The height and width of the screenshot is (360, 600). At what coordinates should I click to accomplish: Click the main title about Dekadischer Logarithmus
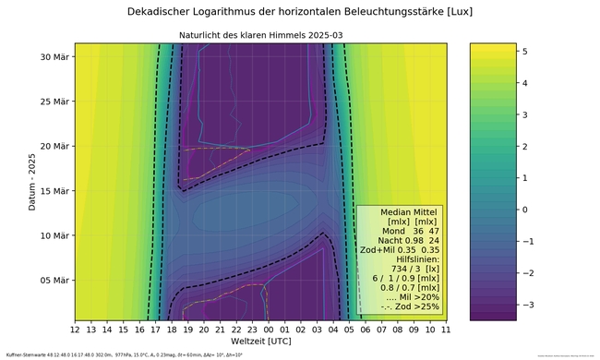[299, 13]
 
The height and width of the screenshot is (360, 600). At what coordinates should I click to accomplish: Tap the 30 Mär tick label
[54, 56]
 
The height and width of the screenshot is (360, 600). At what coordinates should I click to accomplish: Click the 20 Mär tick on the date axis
[54, 146]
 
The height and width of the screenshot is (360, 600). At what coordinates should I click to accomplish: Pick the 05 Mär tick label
[54, 280]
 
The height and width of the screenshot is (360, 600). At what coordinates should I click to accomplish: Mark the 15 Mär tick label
[54, 190]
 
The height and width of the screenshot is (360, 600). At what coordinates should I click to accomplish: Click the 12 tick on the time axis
[75, 329]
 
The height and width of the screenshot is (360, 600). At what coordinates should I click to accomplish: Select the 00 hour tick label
[268, 329]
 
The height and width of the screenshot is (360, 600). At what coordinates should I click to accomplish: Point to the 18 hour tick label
[172, 329]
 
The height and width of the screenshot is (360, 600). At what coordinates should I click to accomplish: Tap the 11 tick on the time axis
[445, 329]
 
